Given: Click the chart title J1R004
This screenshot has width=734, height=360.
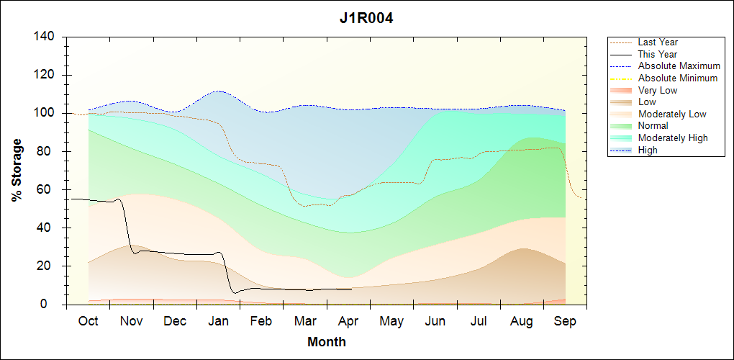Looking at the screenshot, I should (x=366, y=18).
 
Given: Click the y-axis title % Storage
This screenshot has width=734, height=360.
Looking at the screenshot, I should (x=17, y=174).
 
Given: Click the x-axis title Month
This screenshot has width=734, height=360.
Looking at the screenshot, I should (x=327, y=342).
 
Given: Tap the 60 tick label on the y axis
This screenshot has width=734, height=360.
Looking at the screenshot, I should (x=48, y=189).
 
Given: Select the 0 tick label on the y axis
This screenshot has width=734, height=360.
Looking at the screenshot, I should (x=52, y=305).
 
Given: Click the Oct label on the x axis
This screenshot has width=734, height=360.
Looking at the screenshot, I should (x=88, y=320).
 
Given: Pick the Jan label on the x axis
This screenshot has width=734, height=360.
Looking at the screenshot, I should (x=218, y=320).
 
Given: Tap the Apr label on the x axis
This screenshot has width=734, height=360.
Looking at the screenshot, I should (x=348, y=320).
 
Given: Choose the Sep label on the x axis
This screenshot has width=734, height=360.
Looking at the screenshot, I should (x=566, y=320).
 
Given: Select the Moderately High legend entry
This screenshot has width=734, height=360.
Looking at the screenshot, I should (x=673, y=138).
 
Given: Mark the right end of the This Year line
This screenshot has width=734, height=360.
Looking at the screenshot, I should (x=351, y=289).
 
